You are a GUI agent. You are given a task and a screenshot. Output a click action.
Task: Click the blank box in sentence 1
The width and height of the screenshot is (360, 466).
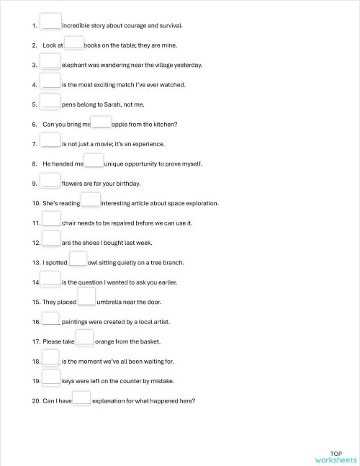point(51,22)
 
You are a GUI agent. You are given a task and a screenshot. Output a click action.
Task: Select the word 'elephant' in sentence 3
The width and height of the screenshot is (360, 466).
point(76,65)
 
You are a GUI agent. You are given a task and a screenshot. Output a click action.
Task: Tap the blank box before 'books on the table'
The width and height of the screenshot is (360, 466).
point(74,43)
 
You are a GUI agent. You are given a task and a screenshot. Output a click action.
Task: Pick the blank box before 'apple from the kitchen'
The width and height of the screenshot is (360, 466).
point(102,123)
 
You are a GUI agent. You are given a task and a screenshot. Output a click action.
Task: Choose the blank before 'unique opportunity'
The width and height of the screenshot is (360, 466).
point(94,162)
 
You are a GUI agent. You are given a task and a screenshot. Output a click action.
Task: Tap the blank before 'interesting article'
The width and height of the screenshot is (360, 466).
point(90,201)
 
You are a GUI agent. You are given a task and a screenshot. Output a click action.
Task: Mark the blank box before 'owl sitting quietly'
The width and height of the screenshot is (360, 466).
point(78,261)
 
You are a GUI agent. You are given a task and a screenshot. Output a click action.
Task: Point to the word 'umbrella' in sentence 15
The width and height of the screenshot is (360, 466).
point(111,303)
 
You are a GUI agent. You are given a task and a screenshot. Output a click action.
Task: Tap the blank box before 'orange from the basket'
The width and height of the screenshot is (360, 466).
point(84,339)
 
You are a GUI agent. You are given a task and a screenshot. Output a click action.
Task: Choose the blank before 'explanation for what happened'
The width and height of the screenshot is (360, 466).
point(82,399)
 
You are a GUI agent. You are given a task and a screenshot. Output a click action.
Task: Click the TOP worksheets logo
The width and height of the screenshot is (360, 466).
point(336,456)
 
